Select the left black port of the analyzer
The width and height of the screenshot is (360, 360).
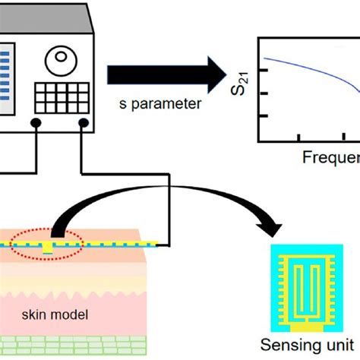click(36, 123)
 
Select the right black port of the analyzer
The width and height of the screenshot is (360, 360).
click(81, 123)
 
